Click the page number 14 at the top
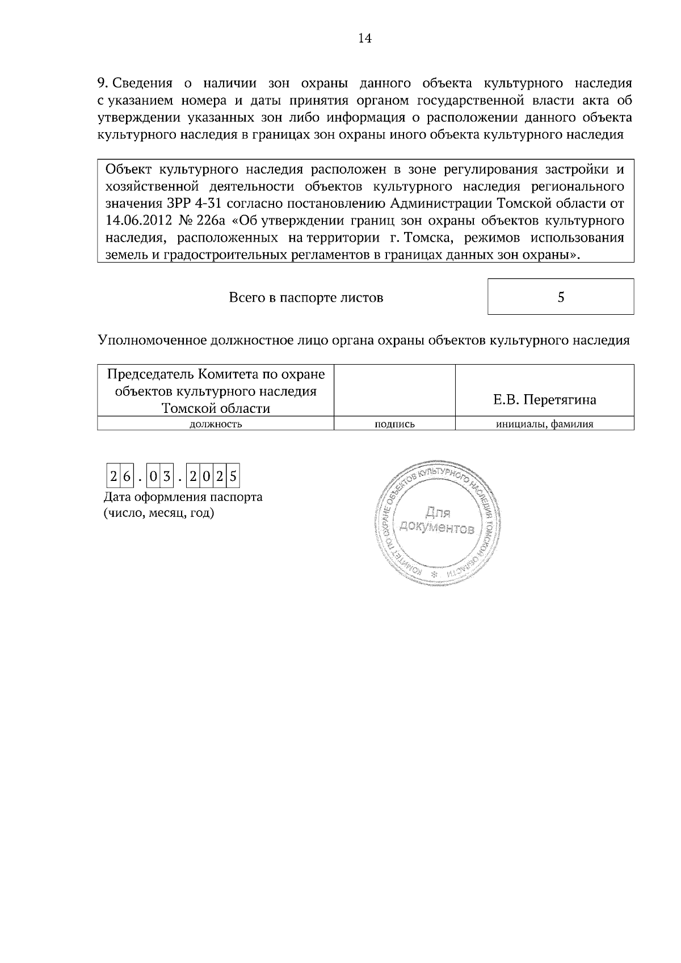(365, 38)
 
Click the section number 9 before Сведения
(101, 83)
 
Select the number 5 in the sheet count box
(561, 297)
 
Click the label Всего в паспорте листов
(305, 297)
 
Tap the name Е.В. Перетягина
(544, 400)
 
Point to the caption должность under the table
(215, 424)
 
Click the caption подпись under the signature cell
(394, 424)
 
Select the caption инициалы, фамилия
(544, 424)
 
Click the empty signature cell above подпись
(394, 391)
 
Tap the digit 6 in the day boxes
(126, 478)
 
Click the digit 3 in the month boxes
(166, 478)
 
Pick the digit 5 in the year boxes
(233, 478)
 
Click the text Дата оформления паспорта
(183, 497)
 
